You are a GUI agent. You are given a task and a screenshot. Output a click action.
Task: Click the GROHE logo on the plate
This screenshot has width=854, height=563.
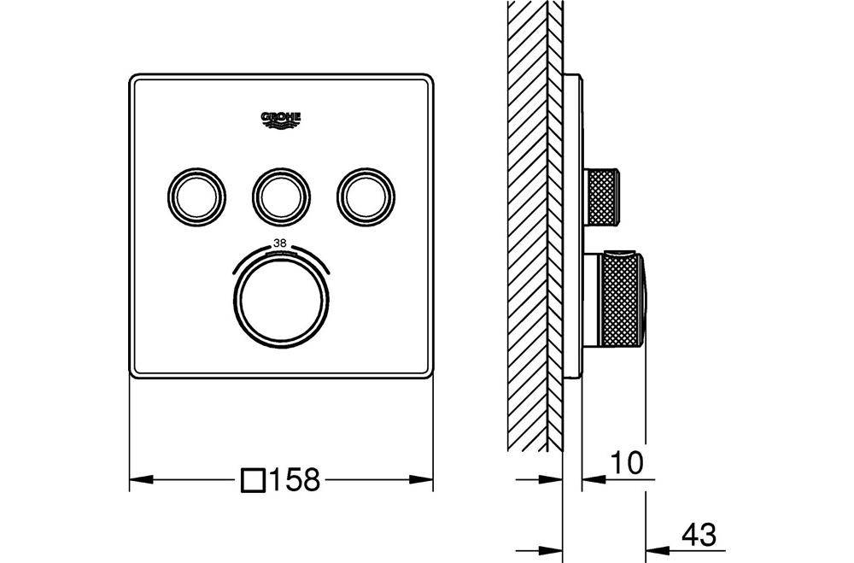click(281, 120)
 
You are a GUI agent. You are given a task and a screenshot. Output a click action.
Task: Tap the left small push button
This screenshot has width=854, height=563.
click(196, 196)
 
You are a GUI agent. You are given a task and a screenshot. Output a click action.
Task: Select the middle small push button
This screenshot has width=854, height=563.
click(281, 196)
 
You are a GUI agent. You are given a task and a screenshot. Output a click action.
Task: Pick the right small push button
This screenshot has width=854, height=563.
click(366, 196)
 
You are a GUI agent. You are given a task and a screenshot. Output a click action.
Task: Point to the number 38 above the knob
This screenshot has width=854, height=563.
click(280, 243)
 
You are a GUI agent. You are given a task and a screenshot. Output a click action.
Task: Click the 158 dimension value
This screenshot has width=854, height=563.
click(295, 479)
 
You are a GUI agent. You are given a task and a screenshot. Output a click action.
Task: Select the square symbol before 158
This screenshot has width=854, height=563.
click(254, 480)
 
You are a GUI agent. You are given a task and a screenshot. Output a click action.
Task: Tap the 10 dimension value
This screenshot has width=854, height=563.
click(626, 463)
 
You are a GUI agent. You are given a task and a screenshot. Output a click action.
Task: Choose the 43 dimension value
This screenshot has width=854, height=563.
click(699, 534)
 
